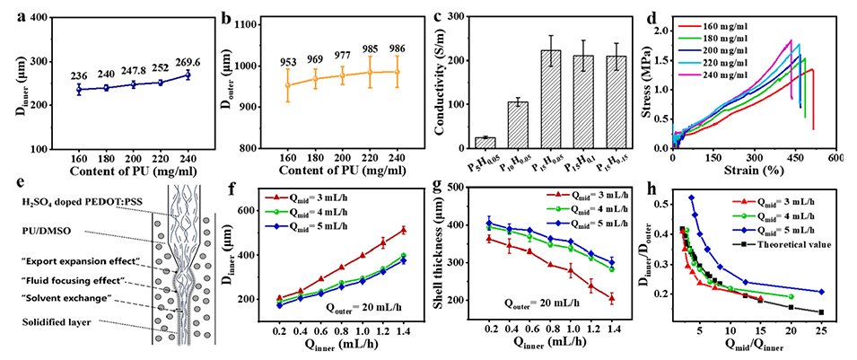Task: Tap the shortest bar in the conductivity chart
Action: coord(484,141)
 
